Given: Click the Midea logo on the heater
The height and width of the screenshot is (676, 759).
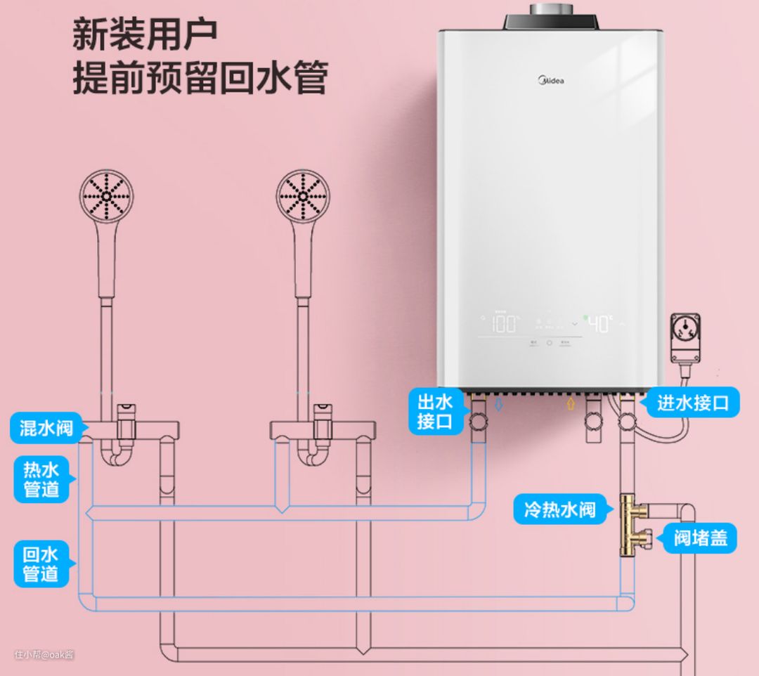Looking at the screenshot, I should [551, 81].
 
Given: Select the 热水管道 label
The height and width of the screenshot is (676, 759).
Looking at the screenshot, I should [41, 479].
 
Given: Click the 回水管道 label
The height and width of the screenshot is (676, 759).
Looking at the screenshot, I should [41, 563].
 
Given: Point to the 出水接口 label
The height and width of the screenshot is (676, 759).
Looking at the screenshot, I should [435, 412].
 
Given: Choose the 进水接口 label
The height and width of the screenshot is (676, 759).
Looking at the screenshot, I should [693, 403].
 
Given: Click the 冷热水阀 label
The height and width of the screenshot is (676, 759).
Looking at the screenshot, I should [559, 509].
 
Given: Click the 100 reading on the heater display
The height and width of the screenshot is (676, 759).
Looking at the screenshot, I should [503, 324].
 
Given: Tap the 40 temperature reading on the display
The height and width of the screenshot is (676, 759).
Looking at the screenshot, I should [599, 324].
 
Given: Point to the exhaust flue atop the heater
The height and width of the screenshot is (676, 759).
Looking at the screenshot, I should [552, 10].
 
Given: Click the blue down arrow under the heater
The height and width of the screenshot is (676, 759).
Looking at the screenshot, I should [498, 405].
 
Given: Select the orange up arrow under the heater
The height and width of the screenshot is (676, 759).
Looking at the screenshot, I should [571, 404].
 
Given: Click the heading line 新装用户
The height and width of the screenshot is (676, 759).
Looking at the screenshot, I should [145, 34].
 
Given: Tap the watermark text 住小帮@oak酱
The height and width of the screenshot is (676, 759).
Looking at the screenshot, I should [44, 654].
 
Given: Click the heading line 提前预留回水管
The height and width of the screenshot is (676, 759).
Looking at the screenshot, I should [200, 79].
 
